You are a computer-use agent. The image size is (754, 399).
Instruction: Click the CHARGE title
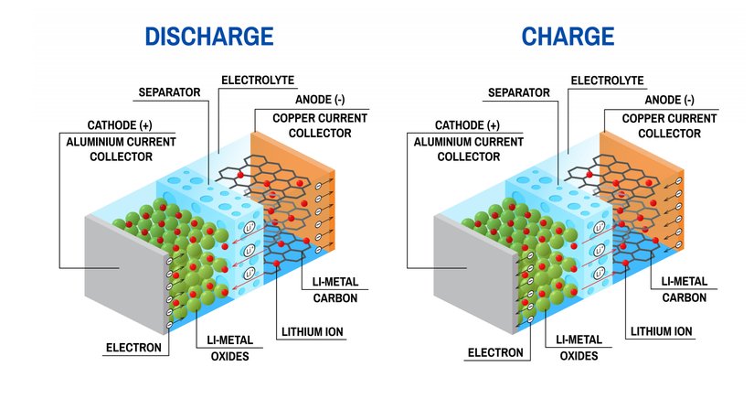click(567, 37)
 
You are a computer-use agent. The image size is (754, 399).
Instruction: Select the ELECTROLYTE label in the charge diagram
click(607, 81)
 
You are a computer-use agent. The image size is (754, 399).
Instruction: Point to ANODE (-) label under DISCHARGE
click(319, 100)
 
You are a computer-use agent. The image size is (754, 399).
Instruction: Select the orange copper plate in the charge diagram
click(650, 183)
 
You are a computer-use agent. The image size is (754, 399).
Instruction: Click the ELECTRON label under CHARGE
click(494, 352)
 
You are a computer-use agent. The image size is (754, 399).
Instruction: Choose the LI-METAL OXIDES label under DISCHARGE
click(225, 347)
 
